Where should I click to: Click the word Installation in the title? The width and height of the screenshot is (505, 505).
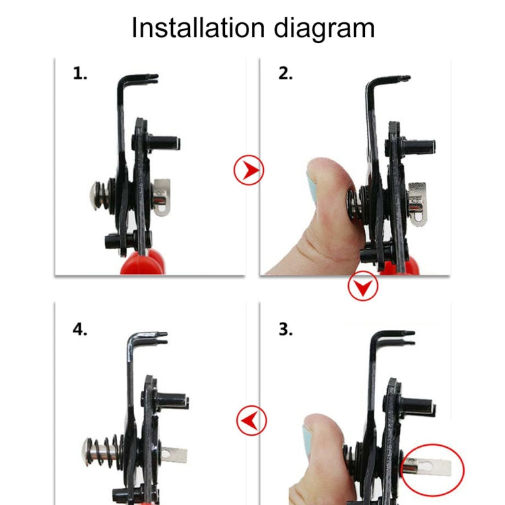tap(192, 28)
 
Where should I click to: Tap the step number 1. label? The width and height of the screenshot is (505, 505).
tap(80, 74)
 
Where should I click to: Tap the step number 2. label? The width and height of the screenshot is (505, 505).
tap(285, 74)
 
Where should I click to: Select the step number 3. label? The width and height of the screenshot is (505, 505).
tap(285, 331)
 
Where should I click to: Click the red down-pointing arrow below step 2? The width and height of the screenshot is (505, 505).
tap(363, 288)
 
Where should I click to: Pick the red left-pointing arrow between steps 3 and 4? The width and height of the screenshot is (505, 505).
tap(251, 422)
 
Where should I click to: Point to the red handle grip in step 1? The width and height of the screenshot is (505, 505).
tap(142, 263)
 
